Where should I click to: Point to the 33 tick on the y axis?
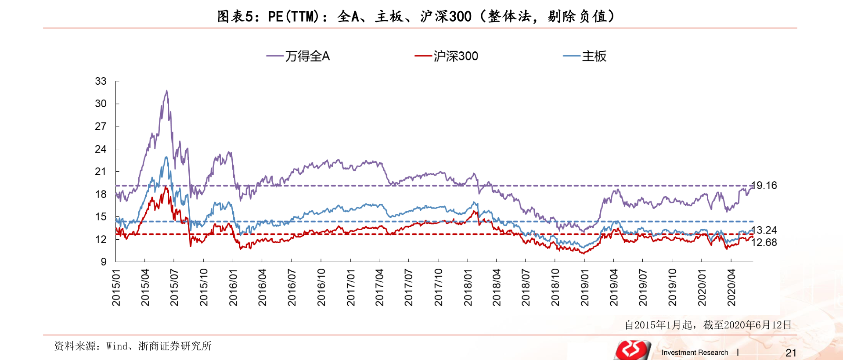pos(101,81)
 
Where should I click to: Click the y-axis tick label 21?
pos(101,172)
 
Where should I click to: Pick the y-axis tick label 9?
pos(103,262)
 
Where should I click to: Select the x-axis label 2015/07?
pos(174,288)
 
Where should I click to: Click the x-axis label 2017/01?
pos(350,288)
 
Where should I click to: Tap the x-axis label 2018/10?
pos(555,288)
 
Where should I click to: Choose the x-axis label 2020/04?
pos(731,288)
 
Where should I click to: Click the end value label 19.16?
pos(764,186)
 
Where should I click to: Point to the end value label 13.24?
pos(764,230)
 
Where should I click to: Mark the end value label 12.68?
pos(764,242)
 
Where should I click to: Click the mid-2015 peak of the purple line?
pos(166,91)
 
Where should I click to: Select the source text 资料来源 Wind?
pos(133,346)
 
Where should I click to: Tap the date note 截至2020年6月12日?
pos(708,325)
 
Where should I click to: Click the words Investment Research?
pos(695,353)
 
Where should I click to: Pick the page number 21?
pos(791,353)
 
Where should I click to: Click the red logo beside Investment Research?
pos(632,350)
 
